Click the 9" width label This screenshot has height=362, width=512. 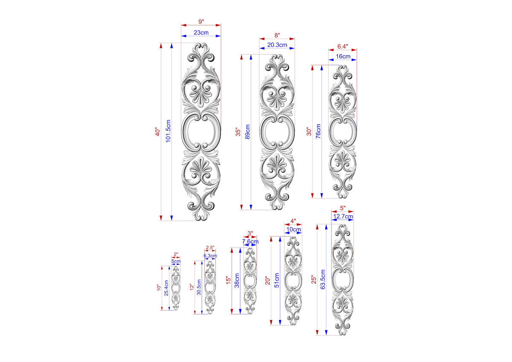(201, 21)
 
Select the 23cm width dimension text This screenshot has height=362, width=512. (201, 32)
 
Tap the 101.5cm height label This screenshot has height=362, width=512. (168, 131)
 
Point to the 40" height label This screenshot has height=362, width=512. (158, 132)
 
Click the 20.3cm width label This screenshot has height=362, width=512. (277, 45)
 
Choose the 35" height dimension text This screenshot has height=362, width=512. (238, 133)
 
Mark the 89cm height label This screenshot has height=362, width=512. (247, 132)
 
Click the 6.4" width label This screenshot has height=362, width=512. (342, 47)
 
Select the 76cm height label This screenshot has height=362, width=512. (318, 131)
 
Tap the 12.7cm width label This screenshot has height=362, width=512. (343, 216)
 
